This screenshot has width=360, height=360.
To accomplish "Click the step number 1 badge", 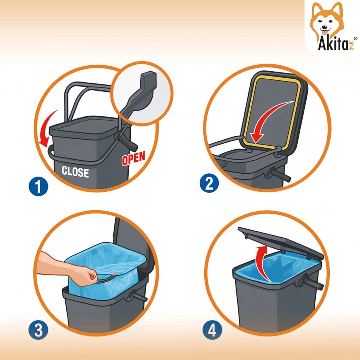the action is pyautogui.click(x=39, y=186).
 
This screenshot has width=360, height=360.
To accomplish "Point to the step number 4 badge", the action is pyautogui.click(x=212, y=330).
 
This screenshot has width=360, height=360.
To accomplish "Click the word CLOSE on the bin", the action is pyautogui.click(x=75, y=172).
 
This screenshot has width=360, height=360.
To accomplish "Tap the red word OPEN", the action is pyautogui.click(x=133, y=158).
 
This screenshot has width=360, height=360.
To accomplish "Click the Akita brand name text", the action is pyautogui.click(x=333, y=43).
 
